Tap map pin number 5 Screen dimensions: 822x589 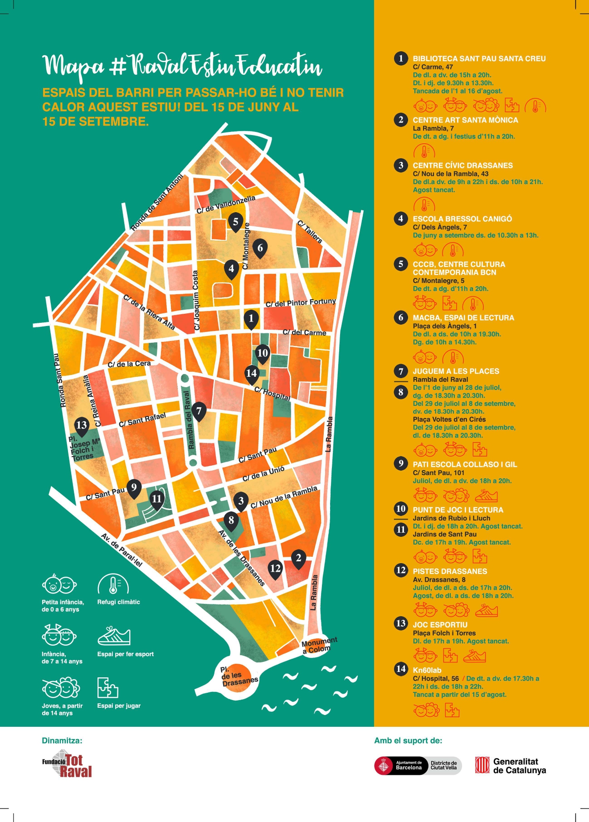[x=236, y=222]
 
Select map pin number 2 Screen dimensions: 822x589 [x=298, y=558]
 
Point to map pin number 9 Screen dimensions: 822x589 [x=134, y=488]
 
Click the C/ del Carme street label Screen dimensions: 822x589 [x=304, y=332]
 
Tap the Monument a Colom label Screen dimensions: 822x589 [x=319, y=645]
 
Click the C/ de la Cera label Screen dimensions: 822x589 [x=129, y=364]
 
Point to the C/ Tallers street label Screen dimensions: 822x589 [x=310, y=232]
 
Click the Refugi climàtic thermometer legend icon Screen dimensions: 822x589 [x=113, y=584]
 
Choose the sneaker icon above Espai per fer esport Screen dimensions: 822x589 [x=114, y=636]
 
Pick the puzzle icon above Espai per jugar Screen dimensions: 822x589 [x=107, y=688]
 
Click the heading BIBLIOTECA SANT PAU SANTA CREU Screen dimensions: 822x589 [x=479, y=58]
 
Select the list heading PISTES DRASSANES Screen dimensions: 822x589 [x=450, y=571]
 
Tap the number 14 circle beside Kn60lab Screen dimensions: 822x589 [x=401, y=669]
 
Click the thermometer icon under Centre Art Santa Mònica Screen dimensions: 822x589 [x=424, y=151]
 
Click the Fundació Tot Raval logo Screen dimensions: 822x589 [x=67, y=764]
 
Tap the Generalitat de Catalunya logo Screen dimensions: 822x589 [x=511, y=766]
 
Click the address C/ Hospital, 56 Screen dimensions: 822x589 [x=436, y=679]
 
